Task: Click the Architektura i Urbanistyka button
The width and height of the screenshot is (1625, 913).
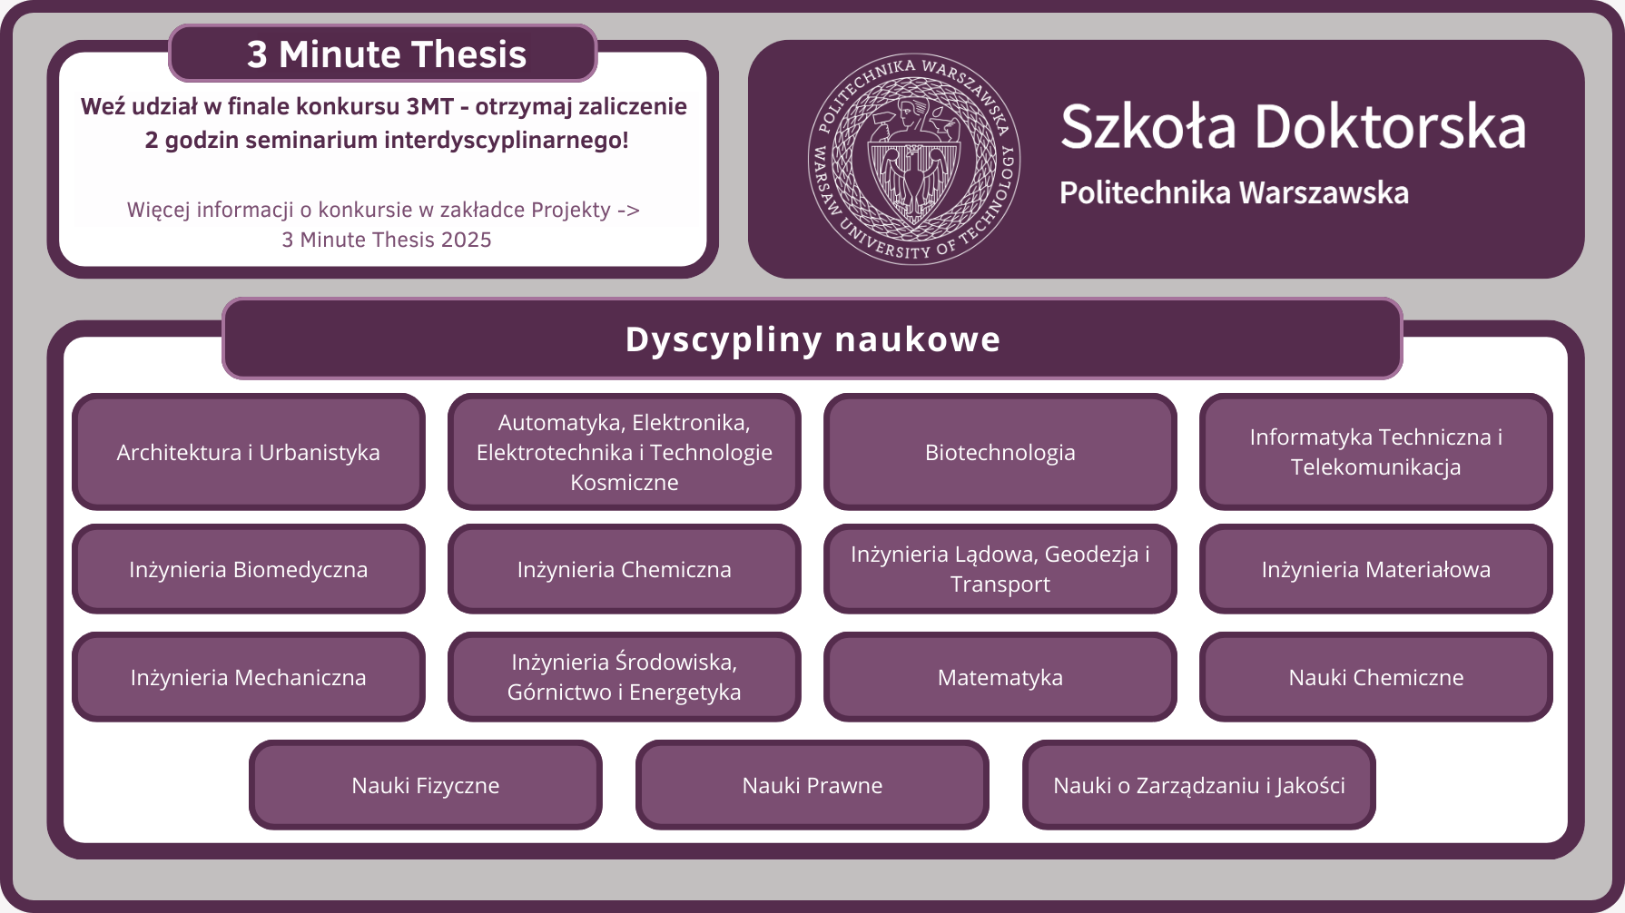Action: (x=248, y=452)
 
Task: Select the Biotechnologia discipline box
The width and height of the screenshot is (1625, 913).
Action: (x=1000, y=452)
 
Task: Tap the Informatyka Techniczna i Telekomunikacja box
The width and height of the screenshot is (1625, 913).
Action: (x=1375, y=452)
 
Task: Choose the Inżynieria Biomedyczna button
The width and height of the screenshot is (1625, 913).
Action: (x=248, y=569)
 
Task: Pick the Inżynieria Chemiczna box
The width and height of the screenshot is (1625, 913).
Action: (x=624, y=569)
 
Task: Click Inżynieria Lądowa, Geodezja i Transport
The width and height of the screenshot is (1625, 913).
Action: (x=1000, y=569)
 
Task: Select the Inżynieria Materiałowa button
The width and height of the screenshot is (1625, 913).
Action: (x=1375, y=569)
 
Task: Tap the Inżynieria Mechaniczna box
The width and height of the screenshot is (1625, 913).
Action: (x=248, y=677)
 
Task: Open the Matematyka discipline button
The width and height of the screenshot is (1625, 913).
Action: (x=1000, y=677)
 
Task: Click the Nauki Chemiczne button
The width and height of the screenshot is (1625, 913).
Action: (x=1375, y=677)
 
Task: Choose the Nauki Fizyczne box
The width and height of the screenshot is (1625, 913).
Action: (x=425, y=785)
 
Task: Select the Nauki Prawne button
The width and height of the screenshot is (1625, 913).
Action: (x=812, y=785)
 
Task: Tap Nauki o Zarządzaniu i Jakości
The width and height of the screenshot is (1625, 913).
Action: (x=1198, y=785)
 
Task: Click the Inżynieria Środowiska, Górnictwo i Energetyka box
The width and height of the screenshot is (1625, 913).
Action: (x=624, y=677)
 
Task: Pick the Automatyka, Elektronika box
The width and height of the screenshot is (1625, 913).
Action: (x=624, y=452)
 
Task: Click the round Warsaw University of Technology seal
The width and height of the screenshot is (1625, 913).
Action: (x=913, y=159)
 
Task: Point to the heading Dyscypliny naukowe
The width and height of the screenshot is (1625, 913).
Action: (x=812, y=339)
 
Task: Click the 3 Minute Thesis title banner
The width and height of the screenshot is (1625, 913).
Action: (x=383, y=54)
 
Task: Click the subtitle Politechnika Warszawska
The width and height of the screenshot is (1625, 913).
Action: (x=1234, y=192)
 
